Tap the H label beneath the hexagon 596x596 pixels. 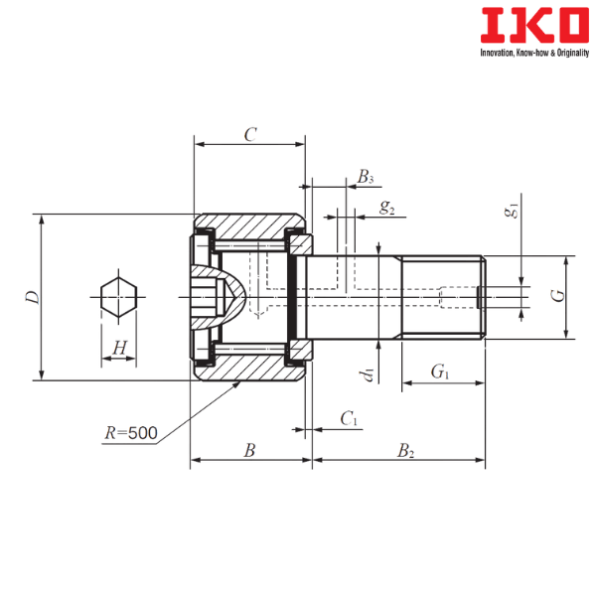119,348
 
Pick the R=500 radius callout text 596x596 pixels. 131,433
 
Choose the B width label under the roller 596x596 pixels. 250,450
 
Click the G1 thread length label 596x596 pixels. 438,372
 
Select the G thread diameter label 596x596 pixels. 556,295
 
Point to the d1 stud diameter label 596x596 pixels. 368,373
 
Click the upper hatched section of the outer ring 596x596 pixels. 248,224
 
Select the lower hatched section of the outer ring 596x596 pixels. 248,367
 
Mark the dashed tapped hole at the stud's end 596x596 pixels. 457,296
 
